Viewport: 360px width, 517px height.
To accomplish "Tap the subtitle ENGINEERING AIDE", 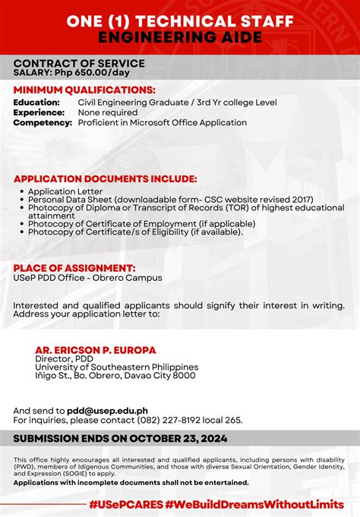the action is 179,36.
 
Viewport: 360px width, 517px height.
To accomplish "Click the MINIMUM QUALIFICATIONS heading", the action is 84,90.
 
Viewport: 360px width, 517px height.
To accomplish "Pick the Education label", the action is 36,102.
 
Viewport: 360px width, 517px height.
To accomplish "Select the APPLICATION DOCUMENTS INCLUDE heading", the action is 106,179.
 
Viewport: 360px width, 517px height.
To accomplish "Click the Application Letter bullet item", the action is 65,191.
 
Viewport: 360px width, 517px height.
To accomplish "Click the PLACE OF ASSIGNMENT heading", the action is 74,268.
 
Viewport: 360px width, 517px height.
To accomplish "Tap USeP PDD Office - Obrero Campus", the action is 87,278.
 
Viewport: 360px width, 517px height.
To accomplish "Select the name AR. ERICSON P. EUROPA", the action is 96,350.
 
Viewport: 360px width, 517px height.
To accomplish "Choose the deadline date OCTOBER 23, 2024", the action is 170,439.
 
